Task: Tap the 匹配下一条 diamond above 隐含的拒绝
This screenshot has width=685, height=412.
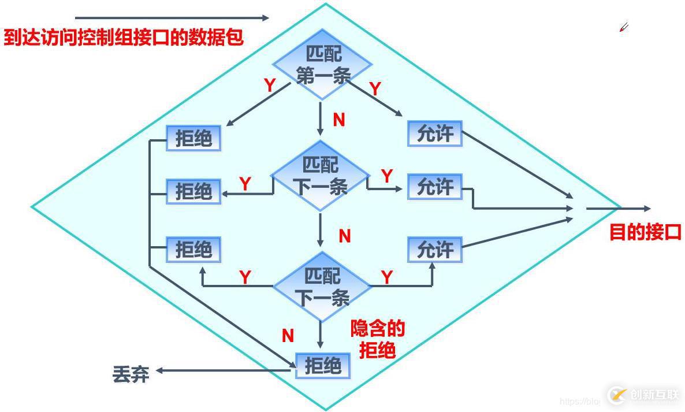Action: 322,287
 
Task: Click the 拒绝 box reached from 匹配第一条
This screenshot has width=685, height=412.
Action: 193,138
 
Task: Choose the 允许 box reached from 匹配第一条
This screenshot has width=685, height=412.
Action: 435,133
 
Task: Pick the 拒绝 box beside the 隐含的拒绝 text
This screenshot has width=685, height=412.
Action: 323,366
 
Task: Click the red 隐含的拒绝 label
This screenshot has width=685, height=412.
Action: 378,340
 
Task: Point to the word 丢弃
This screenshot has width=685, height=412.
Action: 131,375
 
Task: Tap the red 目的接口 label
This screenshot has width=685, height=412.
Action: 646,232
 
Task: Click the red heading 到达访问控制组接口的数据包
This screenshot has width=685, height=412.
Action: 124,38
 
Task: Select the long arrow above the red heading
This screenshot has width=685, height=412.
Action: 172,18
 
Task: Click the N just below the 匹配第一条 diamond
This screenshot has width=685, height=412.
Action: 339,120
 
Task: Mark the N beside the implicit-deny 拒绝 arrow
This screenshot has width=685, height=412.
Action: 288,336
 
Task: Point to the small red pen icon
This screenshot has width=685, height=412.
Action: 624,27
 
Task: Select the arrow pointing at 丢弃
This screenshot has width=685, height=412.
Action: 225,370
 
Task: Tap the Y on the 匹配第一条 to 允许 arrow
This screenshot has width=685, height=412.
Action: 375,89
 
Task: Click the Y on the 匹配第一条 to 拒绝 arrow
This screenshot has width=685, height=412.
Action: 270,86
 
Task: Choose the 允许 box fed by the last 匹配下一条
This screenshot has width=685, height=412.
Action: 435,250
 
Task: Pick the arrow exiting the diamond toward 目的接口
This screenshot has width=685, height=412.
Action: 618,209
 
